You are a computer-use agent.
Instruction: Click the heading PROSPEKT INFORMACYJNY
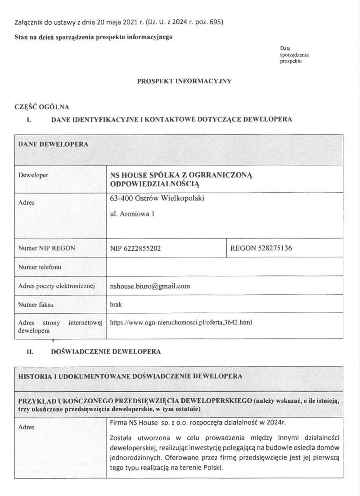(x=184, y=81)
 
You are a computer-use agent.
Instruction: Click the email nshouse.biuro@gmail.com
(x=150, y=286)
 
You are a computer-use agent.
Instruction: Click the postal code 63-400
(x=120, y=198)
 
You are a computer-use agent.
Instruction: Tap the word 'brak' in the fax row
(x=116, y=304)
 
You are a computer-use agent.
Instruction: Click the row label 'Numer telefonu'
(x=40, y=267)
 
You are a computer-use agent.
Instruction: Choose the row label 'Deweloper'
(x=33, y=175)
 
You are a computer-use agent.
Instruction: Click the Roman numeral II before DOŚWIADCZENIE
(x=30, y=351)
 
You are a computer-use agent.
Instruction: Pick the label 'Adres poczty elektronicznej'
(x=55, y=286)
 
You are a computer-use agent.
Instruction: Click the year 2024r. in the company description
(x=269, y=424)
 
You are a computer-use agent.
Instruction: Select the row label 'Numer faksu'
(x=36, y=304)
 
